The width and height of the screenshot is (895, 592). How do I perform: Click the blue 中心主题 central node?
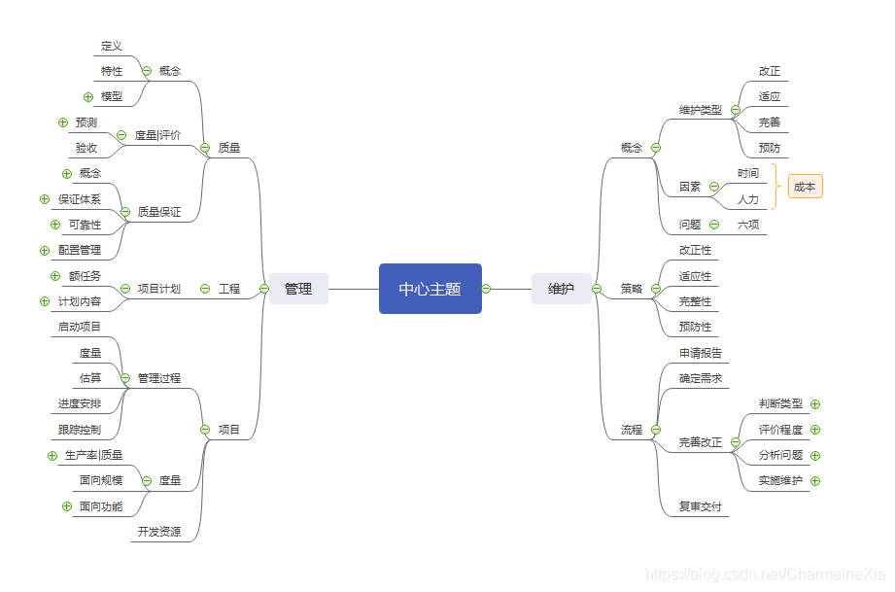coord(430,289)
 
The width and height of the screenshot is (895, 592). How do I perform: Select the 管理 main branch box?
coord(298,289)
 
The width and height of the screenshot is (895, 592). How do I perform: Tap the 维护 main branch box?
coord(561,289)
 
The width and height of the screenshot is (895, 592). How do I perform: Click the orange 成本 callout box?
coord(805,187)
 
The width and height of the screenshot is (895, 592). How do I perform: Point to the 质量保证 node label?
coord(158,212)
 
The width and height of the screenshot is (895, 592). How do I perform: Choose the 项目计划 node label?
coord(158,289)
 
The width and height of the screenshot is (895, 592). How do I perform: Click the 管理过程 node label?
coord(158,378)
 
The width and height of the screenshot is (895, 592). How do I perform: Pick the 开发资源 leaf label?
coord(158,532)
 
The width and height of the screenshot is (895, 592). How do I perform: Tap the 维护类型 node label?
coord(701,110)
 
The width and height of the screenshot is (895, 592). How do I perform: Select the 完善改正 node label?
coord(701,442)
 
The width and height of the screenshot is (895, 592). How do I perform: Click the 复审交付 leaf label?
coord(701,507)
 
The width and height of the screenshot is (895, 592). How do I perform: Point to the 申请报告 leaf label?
coord(701,353)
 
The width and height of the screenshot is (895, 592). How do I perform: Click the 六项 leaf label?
coord(748,225)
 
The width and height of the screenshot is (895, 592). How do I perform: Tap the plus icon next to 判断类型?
coord(815,403)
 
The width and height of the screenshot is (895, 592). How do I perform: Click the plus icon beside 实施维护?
coord(815,480)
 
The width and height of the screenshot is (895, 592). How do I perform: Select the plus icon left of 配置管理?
coord(45,250)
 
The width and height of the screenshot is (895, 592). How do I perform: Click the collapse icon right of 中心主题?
coord(486,289)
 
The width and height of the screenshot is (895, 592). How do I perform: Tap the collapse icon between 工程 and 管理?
coord(264,289)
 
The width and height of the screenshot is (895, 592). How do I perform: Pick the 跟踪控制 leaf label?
coord(79,430)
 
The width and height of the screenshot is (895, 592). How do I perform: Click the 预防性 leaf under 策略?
coord(695,327)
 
